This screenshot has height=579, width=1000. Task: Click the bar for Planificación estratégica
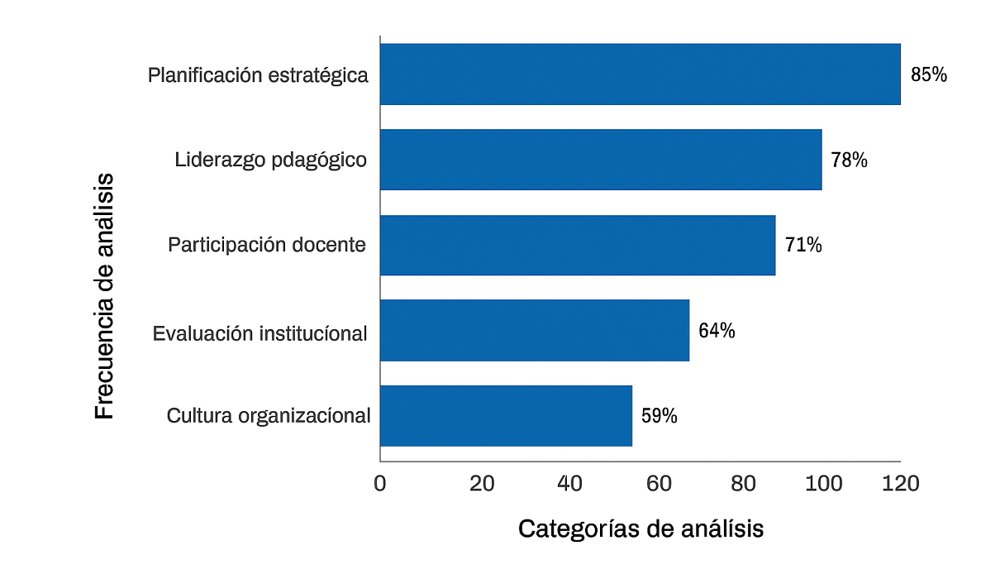pyautogui.click(x=640, y=74)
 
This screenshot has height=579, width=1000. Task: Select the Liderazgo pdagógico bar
pyautogui.click(x=601, y=160)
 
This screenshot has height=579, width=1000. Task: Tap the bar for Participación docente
pyautogui.click(x=578, y=245)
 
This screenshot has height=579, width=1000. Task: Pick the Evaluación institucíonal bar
pyautogui.click(x=535, y=330)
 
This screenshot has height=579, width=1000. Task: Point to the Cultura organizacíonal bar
pyautogui.click(x=506, y=415)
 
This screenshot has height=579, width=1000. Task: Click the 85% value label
pyautogui.click(x=929, y=74)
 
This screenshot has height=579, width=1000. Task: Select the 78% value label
pyautogui.click(x=850, y=160)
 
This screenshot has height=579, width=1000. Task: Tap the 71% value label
pyautogui.click(x=803, y=245)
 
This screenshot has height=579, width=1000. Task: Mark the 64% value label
pyautogui.click(x=717, y=331)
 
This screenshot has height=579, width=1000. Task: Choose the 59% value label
pyautogui.click(x=660, y=416)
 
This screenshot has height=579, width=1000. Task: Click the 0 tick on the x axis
pyautogui.click(x=380, y=484)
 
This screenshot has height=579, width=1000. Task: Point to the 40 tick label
pyautogui.click(x=570, y=484)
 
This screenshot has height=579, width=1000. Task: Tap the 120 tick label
pyautogui.click(x=901, y=484)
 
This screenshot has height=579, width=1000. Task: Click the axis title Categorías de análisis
pyautogui.click(x=640, y=529)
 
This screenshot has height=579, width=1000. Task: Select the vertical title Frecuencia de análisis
pyautogui.click(x=104, y=295)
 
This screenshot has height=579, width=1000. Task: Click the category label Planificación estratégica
pyautogui.click(x=258, y=75)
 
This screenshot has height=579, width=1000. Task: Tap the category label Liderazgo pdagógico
pyautogui.click(x=271, y=160)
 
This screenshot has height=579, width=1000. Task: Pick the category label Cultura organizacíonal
pyautogui.click(x=269, y=415)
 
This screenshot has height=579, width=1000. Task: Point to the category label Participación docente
pyautogui.click(x=267, y=245)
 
